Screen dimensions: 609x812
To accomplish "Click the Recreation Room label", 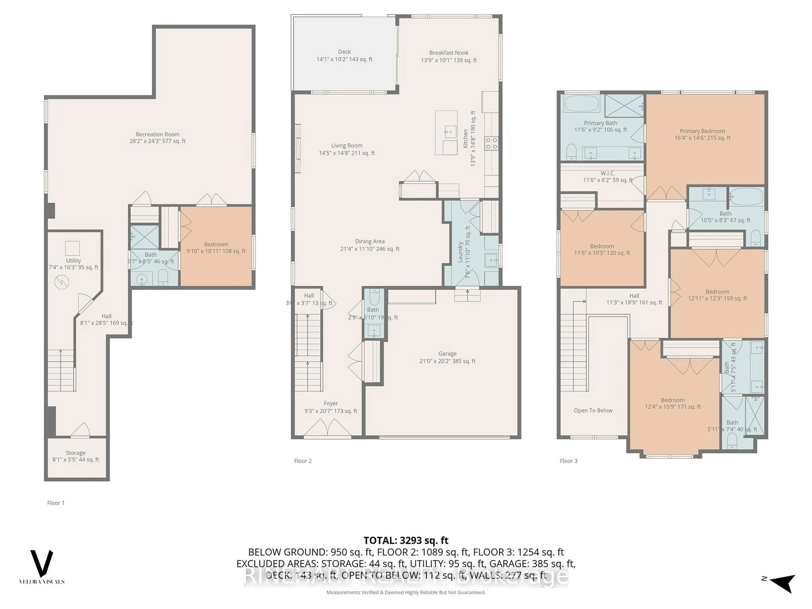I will tap(158, 134).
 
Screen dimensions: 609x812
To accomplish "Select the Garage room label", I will tap(447, 354).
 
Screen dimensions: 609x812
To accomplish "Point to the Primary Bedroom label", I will tap(702, 131).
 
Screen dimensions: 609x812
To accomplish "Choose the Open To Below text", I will tap(593, 410).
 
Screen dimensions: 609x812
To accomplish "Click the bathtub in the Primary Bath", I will tap(582, 104).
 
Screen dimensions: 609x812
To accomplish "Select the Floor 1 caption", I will tap(56, 503).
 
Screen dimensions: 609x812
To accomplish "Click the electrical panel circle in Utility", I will tap(62, 282).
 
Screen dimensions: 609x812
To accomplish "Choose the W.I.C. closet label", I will tap(608, 173).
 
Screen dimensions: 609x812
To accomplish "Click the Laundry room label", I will tap(460, 252).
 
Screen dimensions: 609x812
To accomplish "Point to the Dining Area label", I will tap(370, 241).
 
